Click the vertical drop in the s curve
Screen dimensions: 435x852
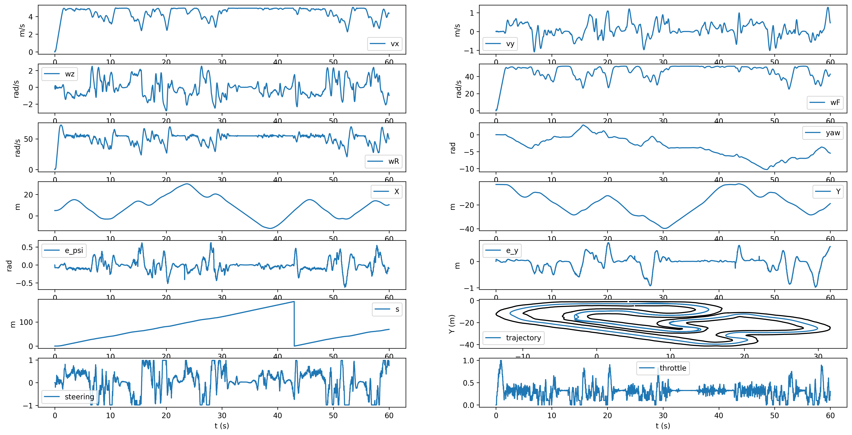294,324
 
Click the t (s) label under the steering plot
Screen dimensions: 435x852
222,426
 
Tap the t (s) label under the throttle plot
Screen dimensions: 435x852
663,426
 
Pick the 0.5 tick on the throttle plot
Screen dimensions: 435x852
468,383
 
